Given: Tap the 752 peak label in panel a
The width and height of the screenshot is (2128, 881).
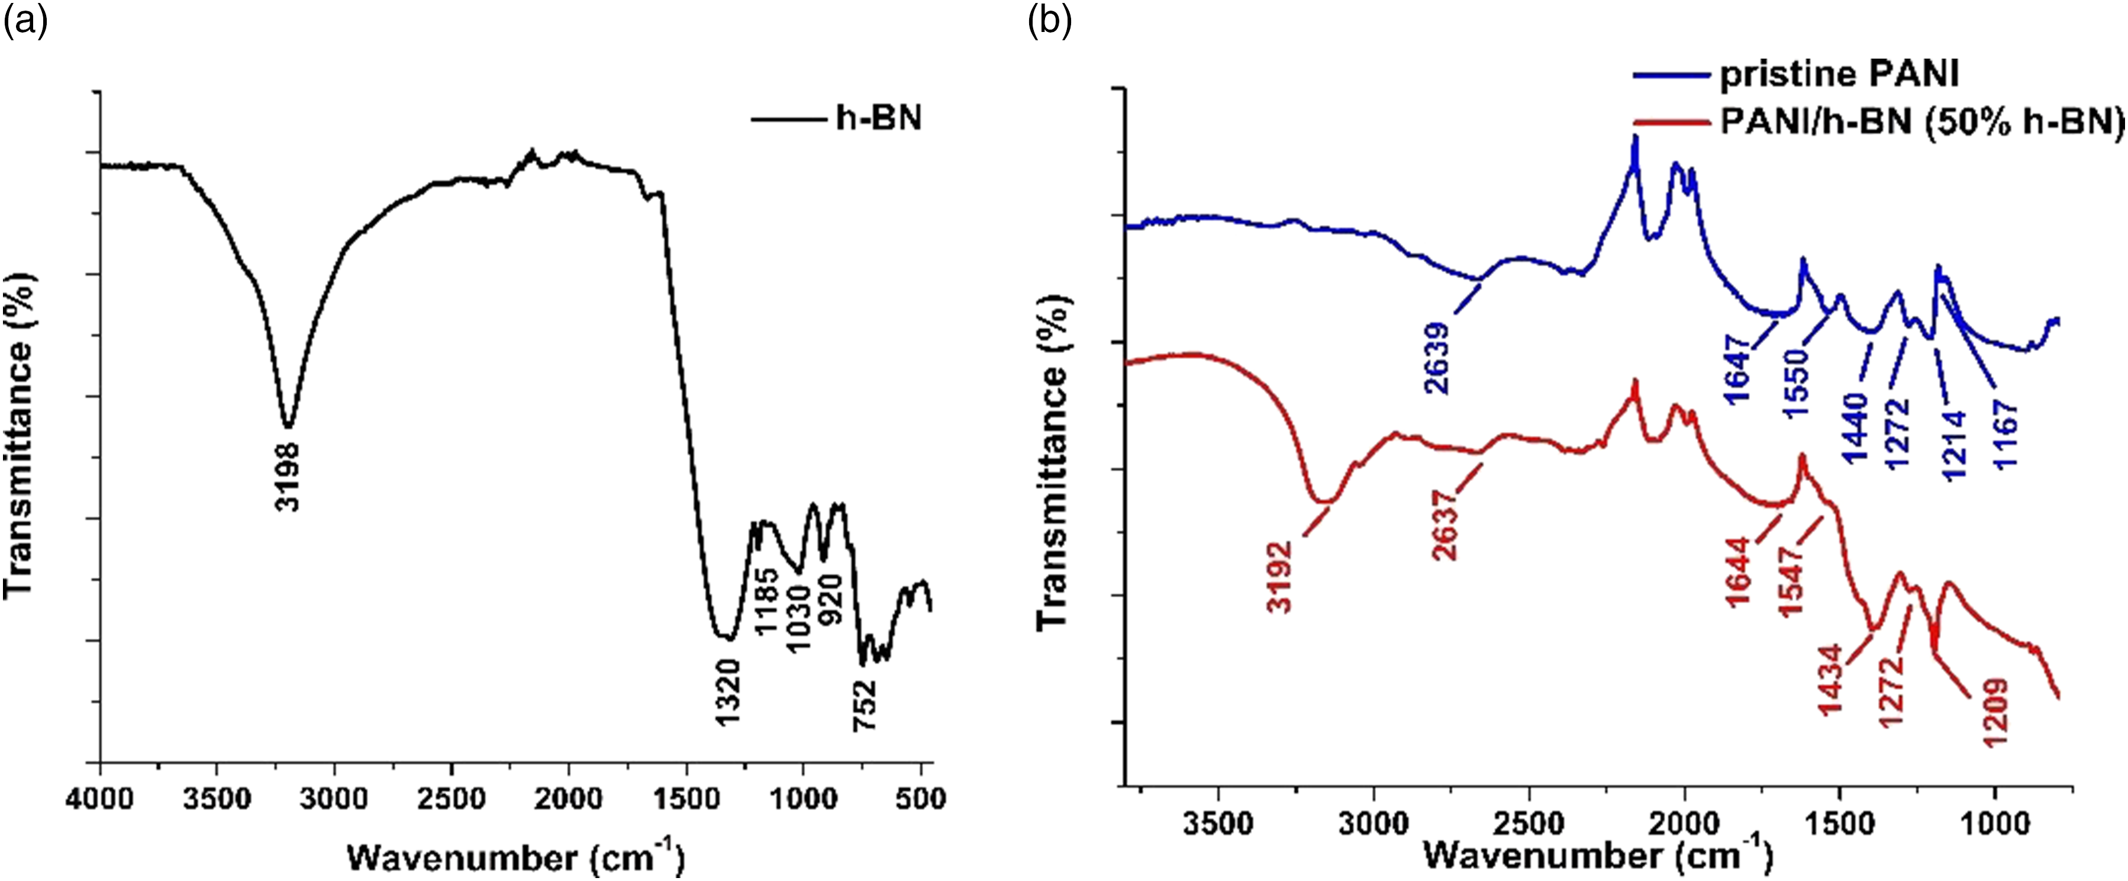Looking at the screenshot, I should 864,706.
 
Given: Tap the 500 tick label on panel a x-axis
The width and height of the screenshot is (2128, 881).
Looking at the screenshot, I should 920,799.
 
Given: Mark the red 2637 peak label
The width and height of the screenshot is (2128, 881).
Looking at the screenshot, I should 1445,526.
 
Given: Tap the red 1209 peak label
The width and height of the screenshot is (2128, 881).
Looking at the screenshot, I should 1996,712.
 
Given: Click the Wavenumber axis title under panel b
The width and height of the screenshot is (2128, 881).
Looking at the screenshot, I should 1598,856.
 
